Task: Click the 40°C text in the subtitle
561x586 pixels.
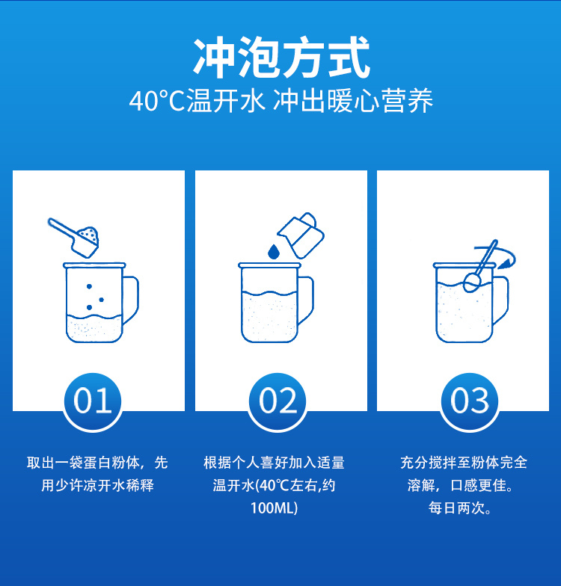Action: (157, 101)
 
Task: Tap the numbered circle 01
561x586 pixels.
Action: (93, 401)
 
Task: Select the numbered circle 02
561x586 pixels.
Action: (277, 401)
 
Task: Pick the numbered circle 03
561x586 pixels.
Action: (470, 401)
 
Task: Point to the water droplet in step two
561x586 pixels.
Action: (274, 251)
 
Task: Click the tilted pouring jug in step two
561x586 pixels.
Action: (301, 235)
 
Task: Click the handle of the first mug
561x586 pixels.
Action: (131, 299)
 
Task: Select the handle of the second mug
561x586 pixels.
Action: (305, 299)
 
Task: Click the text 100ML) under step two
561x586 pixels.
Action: (274, 508)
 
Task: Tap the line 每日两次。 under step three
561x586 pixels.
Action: (461, 508)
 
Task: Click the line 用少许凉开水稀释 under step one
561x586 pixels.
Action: (97, 486)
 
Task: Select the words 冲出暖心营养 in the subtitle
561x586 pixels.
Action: (353, 101)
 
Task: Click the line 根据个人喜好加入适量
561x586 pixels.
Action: (274, 463)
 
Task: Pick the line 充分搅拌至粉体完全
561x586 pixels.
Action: (464, 463)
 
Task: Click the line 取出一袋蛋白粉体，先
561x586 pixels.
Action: (97, 463)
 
